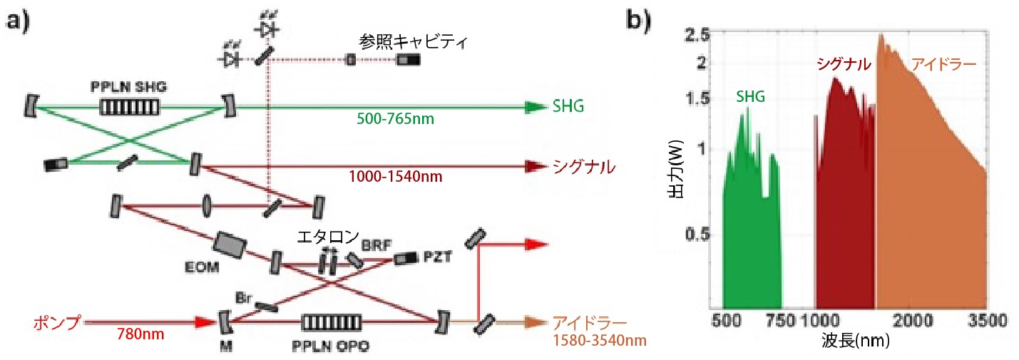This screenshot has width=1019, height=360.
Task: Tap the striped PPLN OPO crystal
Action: [331, 323]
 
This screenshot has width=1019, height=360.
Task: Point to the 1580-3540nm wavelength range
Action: [602, 340]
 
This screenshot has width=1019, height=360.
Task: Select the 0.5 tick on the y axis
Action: [696, 235]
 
